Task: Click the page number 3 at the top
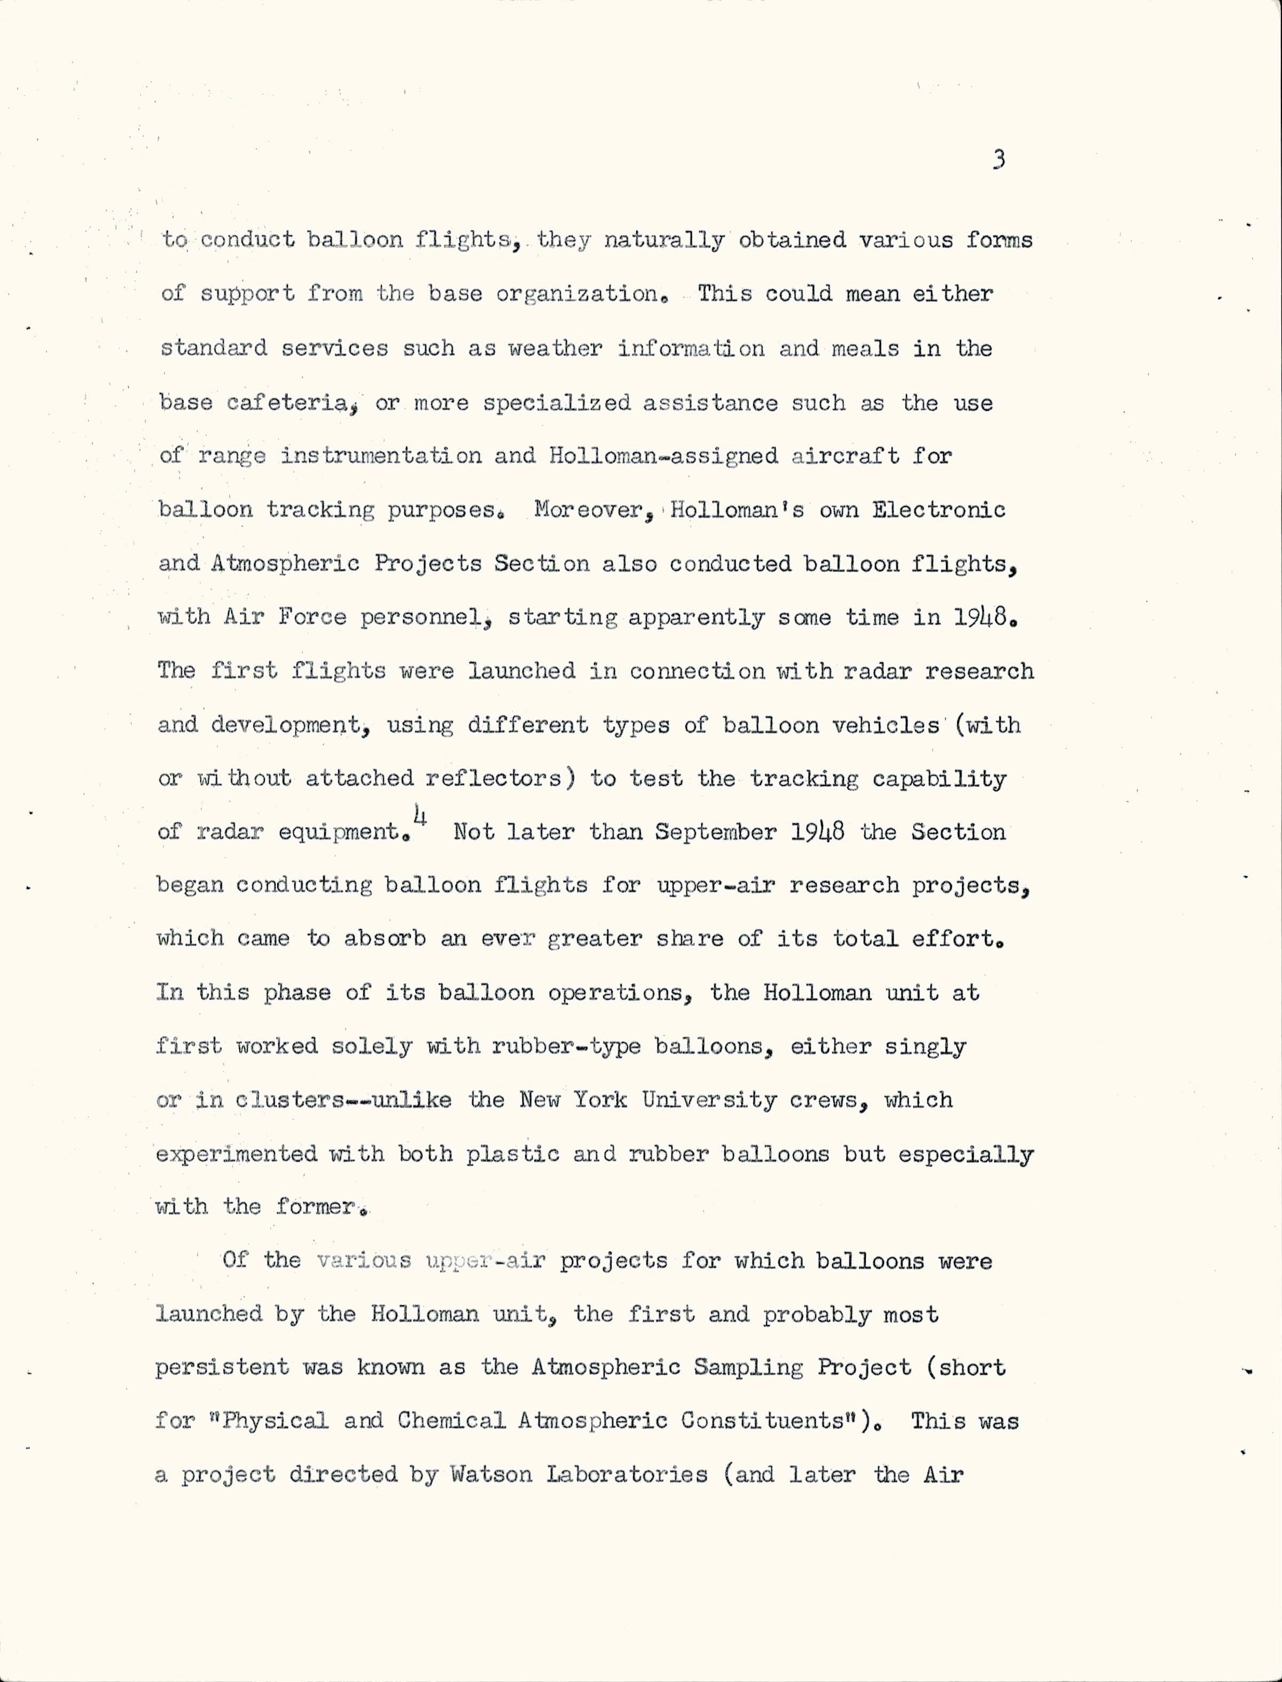(x=999, y=160)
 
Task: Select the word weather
(x=556, y=349)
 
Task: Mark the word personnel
(x=424, y=617)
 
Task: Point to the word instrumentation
(x=381, y=456)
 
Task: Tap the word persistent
(x=222, y=1367)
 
